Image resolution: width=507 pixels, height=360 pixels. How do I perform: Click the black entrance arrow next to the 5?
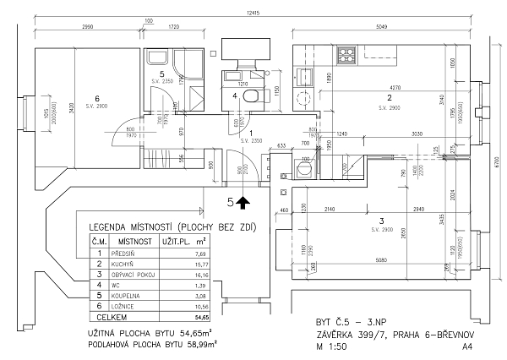pyautogui.click(x=244, y=202)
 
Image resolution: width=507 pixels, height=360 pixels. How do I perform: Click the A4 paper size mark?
pyautogui.click(x=466, y=346)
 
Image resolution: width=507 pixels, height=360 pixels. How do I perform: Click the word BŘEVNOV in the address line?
pyautogui.click(x=449, y=334)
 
